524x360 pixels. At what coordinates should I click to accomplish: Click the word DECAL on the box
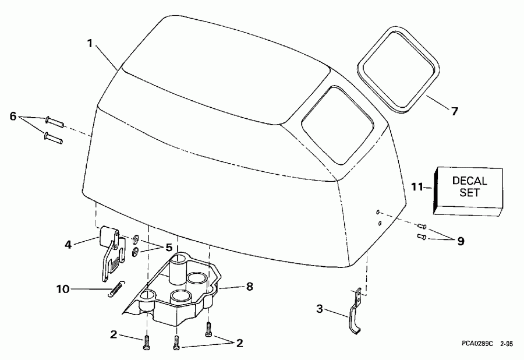coord(469,182)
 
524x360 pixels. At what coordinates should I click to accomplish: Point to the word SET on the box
coord(469,193)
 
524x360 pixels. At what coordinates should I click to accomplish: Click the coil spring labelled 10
coord(116,289)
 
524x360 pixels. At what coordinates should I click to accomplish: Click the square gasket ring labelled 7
coord(398,69)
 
